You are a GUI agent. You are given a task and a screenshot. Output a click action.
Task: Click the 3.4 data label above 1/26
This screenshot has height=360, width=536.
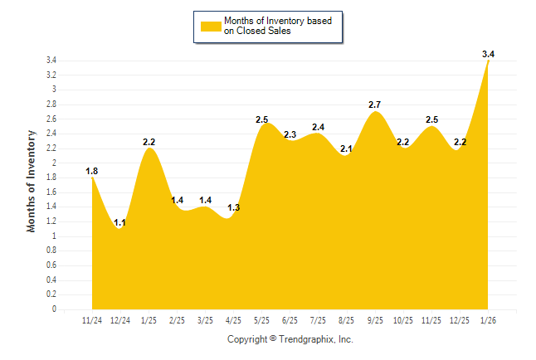click(488, 55)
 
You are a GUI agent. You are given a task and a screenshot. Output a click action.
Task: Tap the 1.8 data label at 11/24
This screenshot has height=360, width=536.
click(92, 172)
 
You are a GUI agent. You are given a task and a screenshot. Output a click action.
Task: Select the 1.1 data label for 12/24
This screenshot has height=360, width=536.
click(120, 222)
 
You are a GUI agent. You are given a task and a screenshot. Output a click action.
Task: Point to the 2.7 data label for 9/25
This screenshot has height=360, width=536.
click(374, 105)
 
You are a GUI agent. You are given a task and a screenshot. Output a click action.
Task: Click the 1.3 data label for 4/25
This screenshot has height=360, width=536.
click(233, 207)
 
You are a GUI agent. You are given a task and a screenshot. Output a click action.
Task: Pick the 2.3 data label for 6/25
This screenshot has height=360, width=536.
click(290, 134)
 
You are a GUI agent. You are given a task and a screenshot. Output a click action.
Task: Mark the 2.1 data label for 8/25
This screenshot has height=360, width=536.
click(346, 149)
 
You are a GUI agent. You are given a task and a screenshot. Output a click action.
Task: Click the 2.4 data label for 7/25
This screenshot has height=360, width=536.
click(318, 127)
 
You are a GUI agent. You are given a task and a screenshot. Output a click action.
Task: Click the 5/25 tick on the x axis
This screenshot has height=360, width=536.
click(261, 320)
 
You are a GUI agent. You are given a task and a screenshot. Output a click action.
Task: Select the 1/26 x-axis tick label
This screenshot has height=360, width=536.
click(488, 320)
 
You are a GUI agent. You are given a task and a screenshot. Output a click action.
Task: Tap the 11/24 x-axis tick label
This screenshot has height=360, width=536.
click(92, 320)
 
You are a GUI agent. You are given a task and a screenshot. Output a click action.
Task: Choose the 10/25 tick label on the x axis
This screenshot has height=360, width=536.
click(402, 320)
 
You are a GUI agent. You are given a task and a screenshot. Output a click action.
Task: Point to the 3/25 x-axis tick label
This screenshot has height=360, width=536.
click(205, 320)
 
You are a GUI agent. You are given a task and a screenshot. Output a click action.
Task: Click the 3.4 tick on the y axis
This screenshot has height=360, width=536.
click(51, 61)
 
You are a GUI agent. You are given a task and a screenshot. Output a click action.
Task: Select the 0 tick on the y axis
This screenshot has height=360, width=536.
click(54, 309)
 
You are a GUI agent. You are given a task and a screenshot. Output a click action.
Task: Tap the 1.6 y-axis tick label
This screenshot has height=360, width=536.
click(51, 192)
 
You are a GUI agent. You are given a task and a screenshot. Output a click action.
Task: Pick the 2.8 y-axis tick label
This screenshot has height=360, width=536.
click(51, 105)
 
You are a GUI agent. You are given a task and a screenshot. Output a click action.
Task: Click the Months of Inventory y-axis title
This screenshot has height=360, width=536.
click(32, 180)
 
